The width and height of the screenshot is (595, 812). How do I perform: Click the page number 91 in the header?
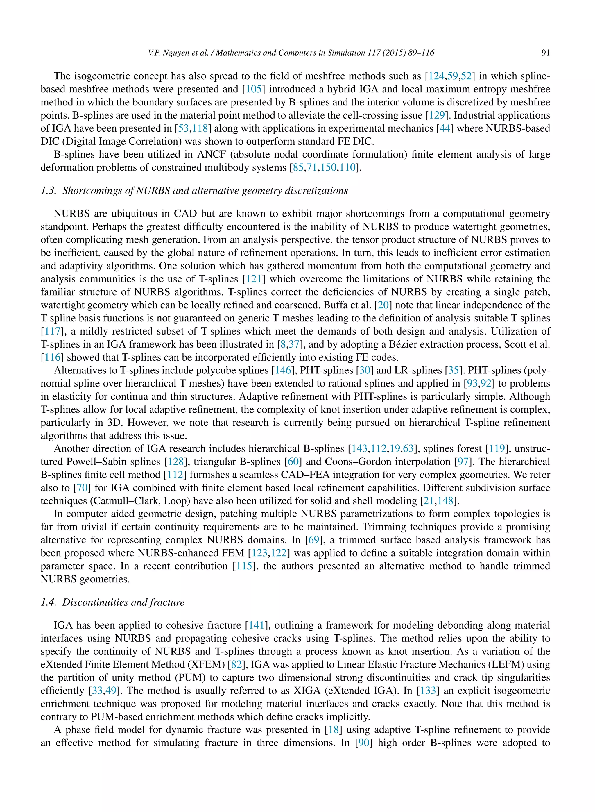545,53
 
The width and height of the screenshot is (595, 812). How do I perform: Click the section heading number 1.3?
48,191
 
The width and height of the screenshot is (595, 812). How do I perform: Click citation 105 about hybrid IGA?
254,89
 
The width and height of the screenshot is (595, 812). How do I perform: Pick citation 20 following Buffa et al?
383,305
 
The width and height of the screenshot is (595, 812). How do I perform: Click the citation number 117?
52,331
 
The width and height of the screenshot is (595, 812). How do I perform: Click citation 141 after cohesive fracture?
257,625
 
